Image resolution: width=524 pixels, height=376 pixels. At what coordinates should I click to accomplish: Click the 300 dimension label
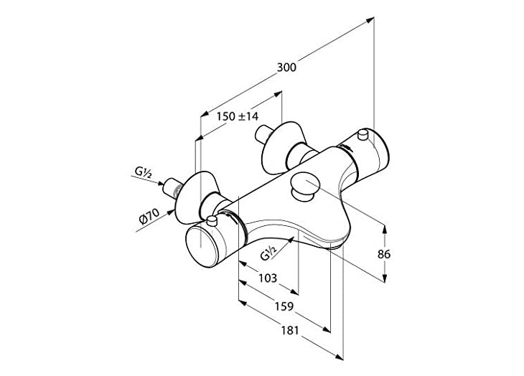tap(286, 67)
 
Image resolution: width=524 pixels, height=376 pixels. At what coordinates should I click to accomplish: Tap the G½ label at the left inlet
tap(141, 172)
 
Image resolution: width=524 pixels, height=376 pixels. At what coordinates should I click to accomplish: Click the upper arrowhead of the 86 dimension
tap(387, 229)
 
